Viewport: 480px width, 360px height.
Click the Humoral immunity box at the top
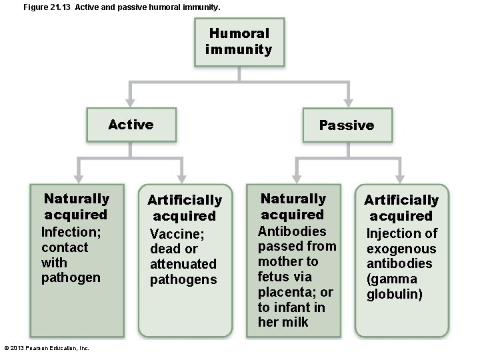pyautogui.click(x=239, y=41)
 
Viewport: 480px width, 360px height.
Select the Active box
pyautogui.click(x=131, y=125)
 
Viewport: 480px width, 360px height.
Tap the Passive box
pyautogui.click(x=346, y=125)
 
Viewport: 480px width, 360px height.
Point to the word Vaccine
pyautogui.click(x=177, y=234)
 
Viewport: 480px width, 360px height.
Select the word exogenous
pyautogui.click(x=401, y=249)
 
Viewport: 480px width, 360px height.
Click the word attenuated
pyautogui.click(x=183, y=264)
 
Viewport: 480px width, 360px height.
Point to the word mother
pyautogui.click(x=279, y=261)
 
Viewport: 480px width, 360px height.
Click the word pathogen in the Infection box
pyautogui.click(x=71, y=277)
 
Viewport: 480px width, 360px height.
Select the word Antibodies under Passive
pyautogui.click(x=292, y=231)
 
